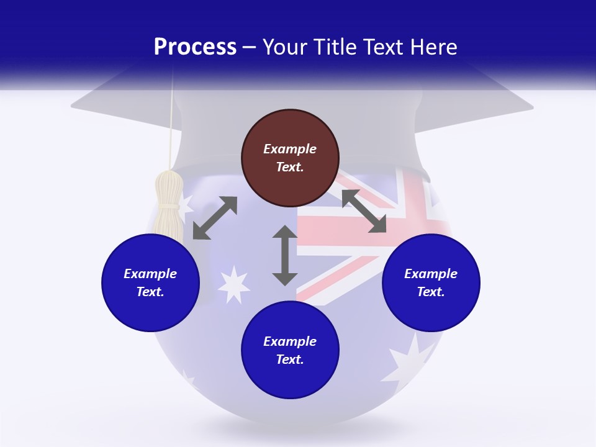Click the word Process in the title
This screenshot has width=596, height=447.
click(195, 47)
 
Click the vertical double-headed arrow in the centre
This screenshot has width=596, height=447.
click(285, 255)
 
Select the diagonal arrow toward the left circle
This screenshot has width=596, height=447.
click(215, 218)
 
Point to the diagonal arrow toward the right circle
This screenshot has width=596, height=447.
click(364, 211)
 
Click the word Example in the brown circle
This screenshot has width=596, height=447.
click(290, 149)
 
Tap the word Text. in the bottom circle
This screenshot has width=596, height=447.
click(290, 359)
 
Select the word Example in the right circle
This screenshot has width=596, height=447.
click(431, 274)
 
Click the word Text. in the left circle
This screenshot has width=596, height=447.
click(150, 292)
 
